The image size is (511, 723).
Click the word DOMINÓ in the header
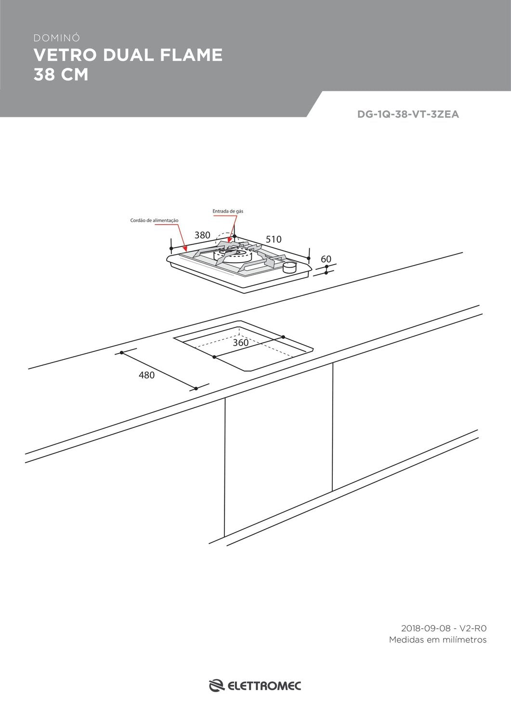point(57,38)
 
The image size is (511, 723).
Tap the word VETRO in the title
point(65,55)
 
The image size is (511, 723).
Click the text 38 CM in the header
point(61,74)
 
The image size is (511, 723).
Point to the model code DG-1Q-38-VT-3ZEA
point(408,114)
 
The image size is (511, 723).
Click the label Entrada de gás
point(228,211)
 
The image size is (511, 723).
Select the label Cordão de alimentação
point(154,220)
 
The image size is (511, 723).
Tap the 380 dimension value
point(202,235)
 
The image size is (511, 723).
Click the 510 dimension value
point(274,239)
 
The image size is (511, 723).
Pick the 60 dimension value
point(326,259)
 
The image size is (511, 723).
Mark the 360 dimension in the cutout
point(241,342)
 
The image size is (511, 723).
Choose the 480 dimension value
point(147,375)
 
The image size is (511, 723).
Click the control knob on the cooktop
point(289,267)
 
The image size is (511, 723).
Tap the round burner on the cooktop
point(233,255)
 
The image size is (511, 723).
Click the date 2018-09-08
point(426,629)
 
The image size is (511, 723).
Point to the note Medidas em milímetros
point(438,640)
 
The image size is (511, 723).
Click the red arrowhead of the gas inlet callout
point(229,240)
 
